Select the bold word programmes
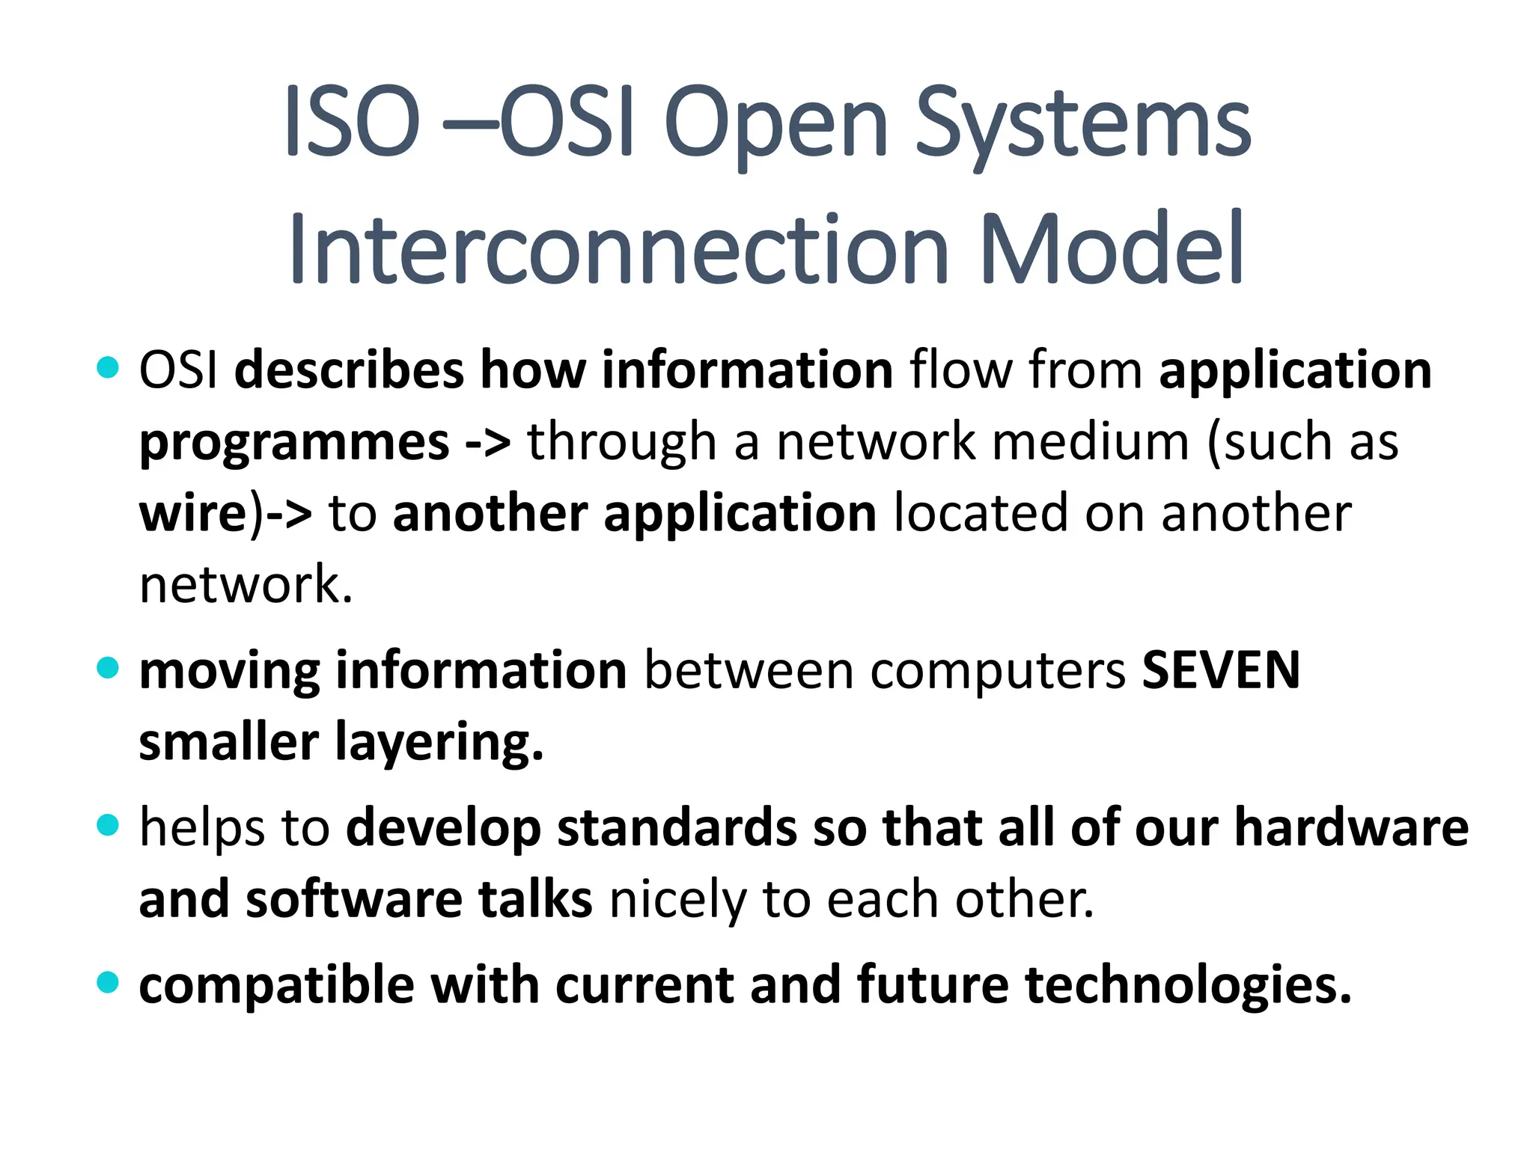(294, 443)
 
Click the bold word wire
(193, 514)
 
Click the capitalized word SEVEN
(1221, 670)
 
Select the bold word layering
(439, 744)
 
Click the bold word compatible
(276, 986)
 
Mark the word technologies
(1188, 986)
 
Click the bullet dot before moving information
(109, 667)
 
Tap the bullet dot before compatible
(109, 981)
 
